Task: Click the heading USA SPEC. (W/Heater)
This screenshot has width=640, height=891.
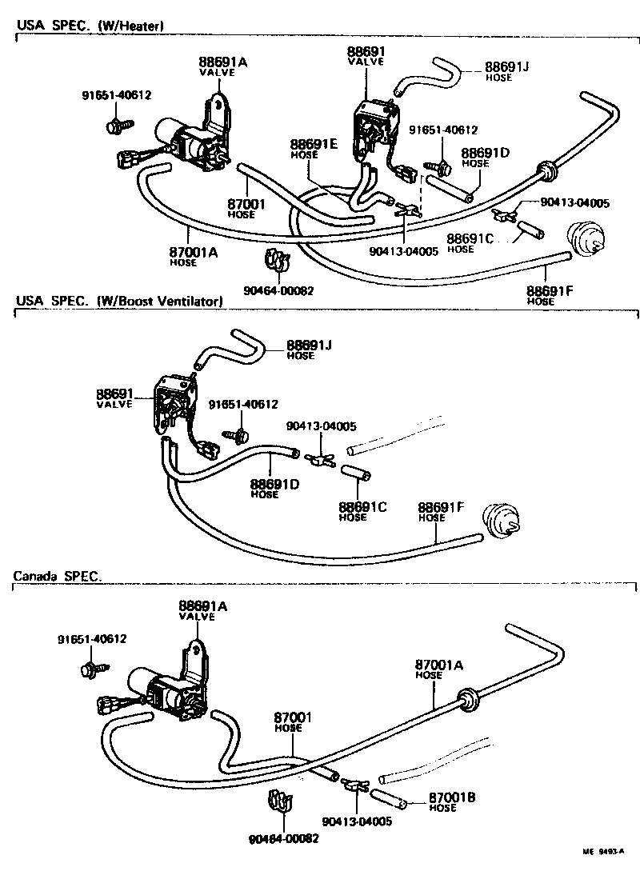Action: pos(90,26)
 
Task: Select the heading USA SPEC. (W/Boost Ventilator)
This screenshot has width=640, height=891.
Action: pos(118,301)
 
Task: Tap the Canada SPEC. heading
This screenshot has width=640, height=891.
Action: pos(58,576)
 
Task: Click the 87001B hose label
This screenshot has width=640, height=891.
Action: pos(452,802)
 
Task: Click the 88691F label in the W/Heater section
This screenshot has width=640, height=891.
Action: pos(550,295)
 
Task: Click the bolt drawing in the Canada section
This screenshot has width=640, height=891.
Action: pos(90,669)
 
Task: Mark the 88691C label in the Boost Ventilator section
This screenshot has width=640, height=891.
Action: pos(362,511)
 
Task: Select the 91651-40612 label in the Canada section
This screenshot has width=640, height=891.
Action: pos(91,638)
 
